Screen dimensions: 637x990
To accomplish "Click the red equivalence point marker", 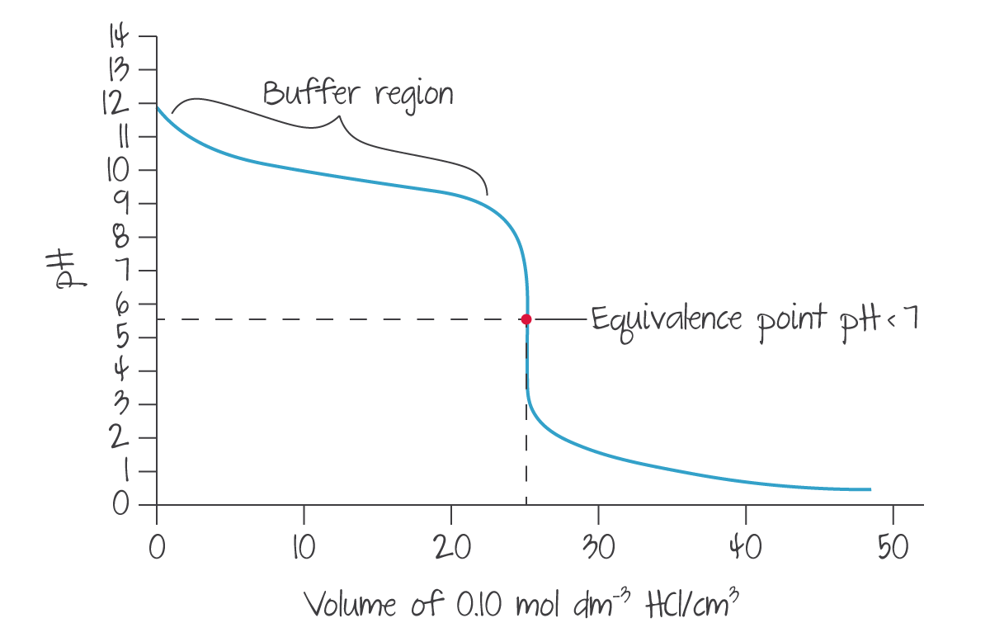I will coord(526,319).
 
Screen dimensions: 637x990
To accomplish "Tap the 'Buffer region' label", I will coord(357,93).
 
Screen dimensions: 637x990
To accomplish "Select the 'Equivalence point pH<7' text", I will coord(754,318).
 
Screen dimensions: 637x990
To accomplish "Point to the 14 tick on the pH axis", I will coord(120,36).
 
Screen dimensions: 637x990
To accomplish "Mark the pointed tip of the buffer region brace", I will coord(337,116).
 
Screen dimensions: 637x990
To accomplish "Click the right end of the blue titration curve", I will coord(870,490).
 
